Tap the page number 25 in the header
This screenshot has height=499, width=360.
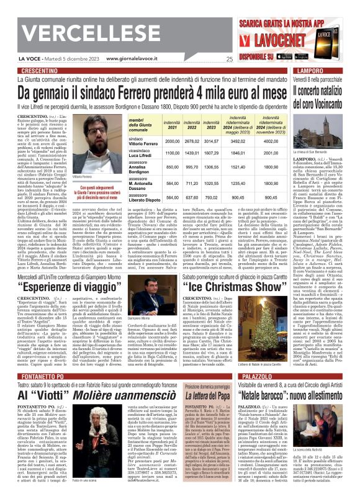(x=230, y=60)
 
